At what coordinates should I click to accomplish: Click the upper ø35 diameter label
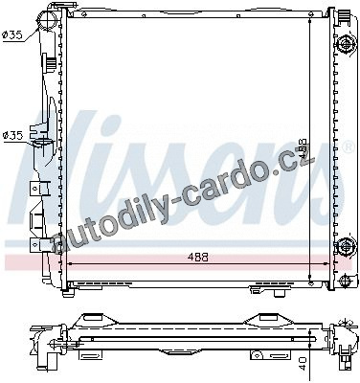[12, 34]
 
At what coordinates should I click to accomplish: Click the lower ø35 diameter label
[12, 136]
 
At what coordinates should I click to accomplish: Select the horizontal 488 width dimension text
[197, 257]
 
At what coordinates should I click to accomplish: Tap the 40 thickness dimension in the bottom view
[303, 364]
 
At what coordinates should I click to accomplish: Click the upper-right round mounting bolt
[346, 44]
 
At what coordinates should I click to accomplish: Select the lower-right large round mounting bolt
[346, 246]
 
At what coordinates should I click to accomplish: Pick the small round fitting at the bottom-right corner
[346, 281]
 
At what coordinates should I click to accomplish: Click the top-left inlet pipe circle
[47, 18]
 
